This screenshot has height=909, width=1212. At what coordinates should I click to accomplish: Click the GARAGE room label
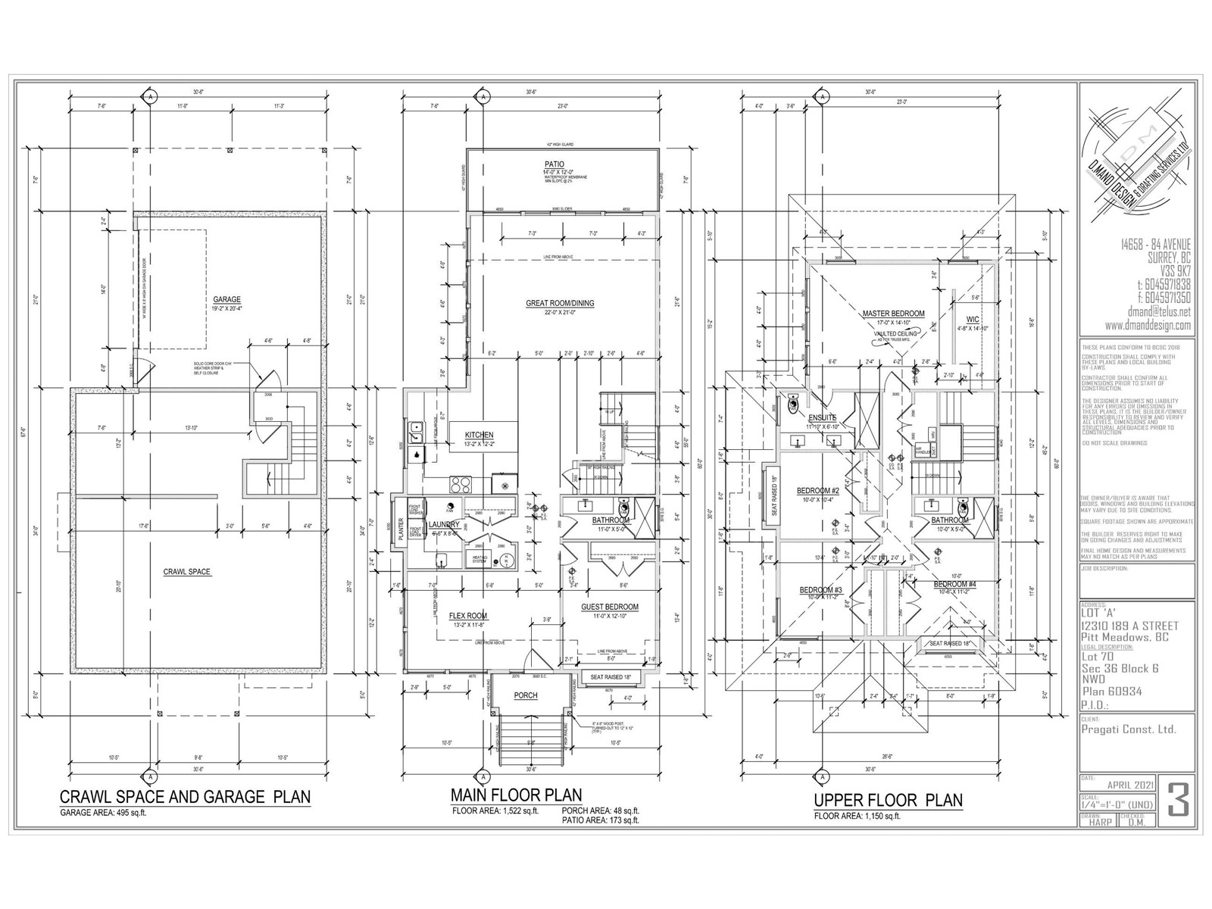pos(226,300)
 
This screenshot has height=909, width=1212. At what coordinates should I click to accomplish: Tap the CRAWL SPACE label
pos(187,572)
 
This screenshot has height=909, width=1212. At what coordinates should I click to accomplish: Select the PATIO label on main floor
pos(554,164)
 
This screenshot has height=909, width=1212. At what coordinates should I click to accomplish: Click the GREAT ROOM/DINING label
pos(560,303)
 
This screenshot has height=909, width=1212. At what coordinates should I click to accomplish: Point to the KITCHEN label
pos(479,436)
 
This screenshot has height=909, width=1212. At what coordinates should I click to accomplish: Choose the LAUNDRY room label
pos(444,524)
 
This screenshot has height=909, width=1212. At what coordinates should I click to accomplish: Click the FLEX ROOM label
pos(467,616)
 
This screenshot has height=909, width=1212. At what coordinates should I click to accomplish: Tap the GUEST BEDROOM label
pos(609,607)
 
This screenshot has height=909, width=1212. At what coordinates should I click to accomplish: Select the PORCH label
pos(525,695)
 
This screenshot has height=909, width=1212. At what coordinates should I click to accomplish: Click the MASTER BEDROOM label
pos(893,314)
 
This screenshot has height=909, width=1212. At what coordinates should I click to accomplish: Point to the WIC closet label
pos(973,320)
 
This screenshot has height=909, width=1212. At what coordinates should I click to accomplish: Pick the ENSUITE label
pos(822,417)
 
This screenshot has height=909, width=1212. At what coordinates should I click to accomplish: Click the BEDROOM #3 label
pos(821,590)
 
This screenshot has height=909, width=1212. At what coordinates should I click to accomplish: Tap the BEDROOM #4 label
pos(954,585)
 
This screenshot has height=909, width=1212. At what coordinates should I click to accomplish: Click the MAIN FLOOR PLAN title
pos(516,795)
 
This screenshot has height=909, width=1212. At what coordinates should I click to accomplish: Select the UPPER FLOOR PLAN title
pos(888,800)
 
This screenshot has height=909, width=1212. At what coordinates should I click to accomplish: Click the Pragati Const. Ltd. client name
pos(1129,729)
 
